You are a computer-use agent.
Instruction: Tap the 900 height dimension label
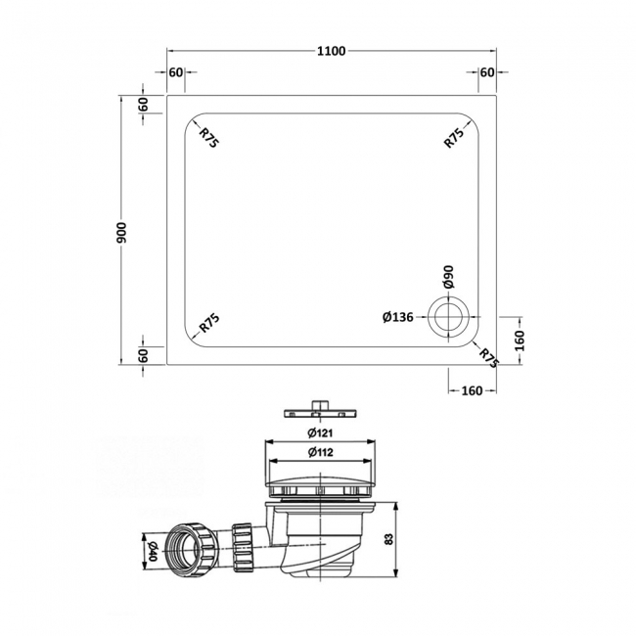tap(121, 231)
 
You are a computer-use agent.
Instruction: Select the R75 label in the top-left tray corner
tap(208, 138)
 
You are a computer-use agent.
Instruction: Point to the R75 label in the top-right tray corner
tap(453, 137)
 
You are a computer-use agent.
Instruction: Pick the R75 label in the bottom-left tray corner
tap(208, 323)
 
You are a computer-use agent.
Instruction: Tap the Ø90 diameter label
tap(449, 277)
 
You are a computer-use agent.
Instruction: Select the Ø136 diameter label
tap(400, 316)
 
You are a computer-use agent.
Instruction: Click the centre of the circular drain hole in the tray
tap(450, 316)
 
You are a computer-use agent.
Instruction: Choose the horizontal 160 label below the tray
tap(471, 391)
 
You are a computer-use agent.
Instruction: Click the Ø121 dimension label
tap(322, 433)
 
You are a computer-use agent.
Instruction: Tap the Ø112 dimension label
tap(322, 452)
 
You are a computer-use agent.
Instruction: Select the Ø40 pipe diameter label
tap(150, 549)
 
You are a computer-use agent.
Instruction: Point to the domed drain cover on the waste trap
tap(322, 475)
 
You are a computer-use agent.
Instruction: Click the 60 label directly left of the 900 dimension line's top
tap(143, 104)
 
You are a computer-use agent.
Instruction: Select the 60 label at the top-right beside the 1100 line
tap(487, 72)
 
